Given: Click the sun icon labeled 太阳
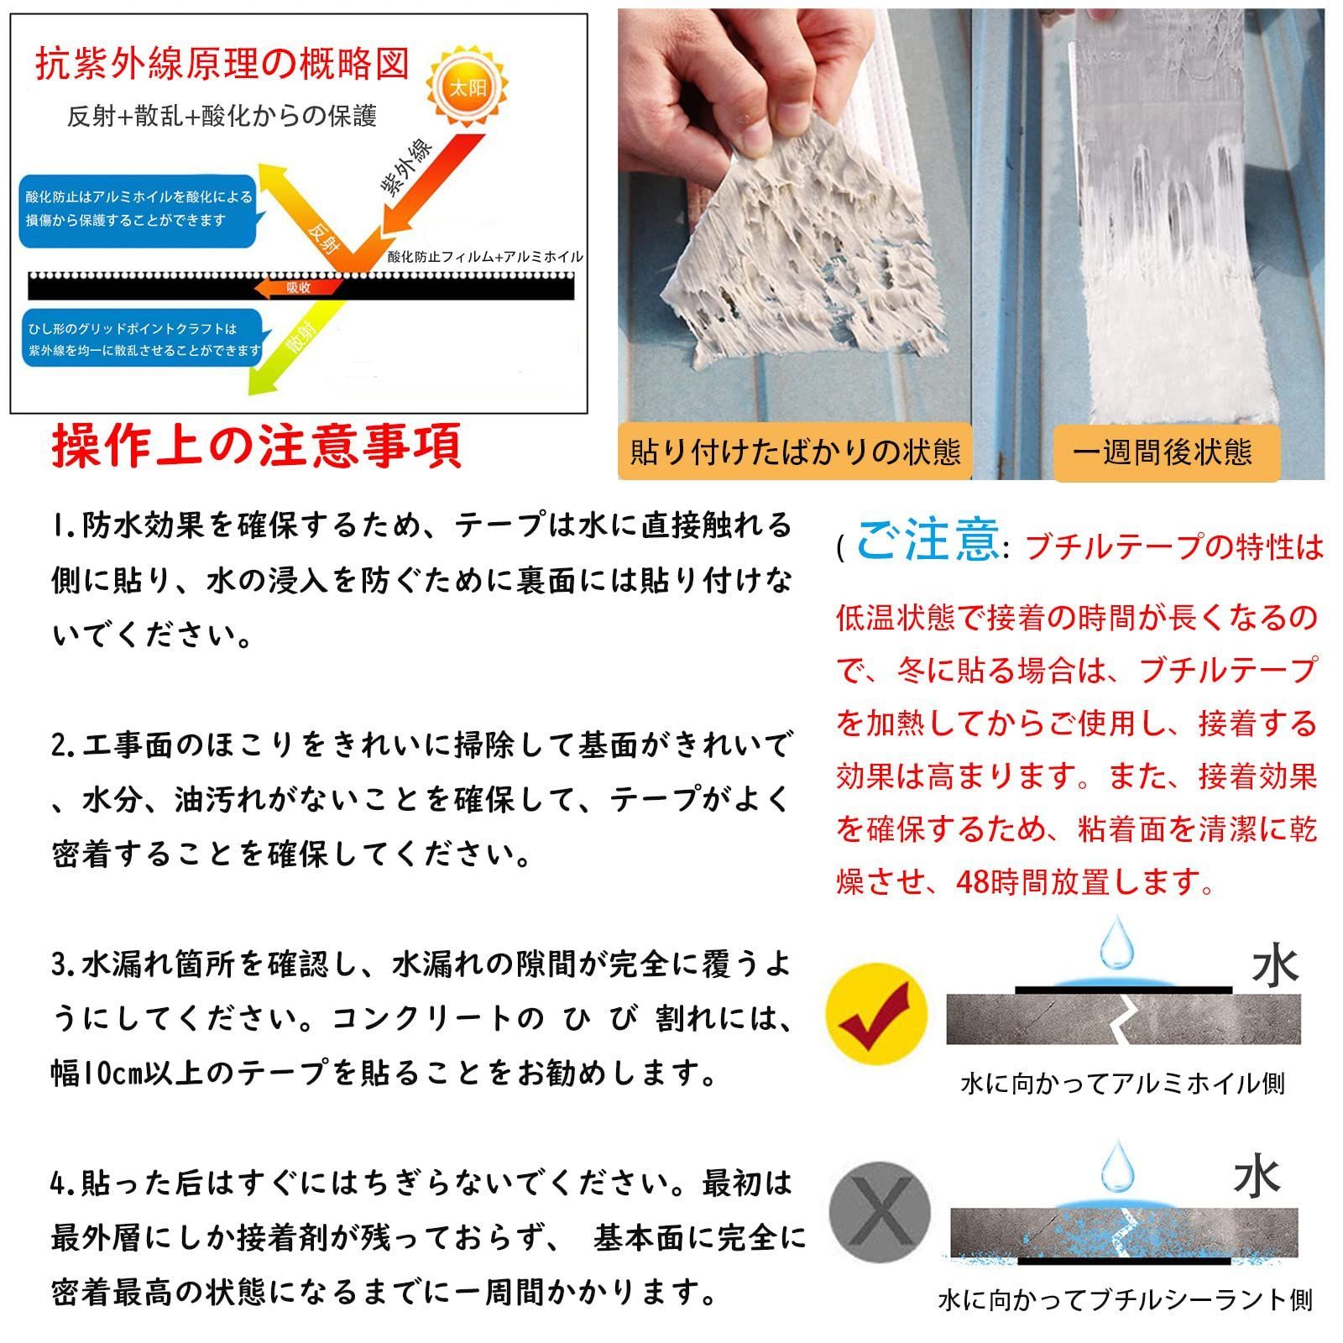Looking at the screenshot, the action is tap(468, 87).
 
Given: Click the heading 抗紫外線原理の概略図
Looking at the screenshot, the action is tap(222, 65).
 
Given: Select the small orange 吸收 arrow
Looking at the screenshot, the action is tap(298, 288).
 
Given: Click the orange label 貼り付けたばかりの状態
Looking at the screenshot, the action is tap(794, 453).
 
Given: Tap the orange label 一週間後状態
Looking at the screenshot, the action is tap(1167, 453).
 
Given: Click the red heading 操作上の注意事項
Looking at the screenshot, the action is tap(257, 445).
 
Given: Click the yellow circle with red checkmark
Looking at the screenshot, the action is tap(876, 1015).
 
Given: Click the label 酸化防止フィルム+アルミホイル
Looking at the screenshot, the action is tap(485, 258).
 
